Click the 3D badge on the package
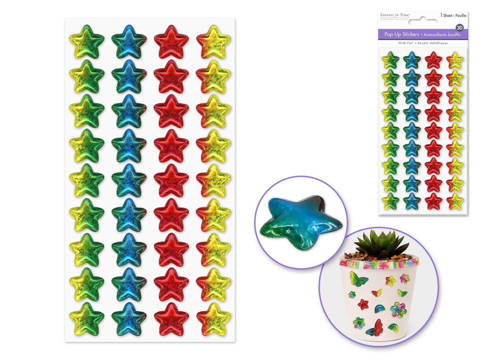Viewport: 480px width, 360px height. [x=459, y=28]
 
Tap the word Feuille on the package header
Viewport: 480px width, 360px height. [x=461, y=16]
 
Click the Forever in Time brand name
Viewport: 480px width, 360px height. [x=395, y=15]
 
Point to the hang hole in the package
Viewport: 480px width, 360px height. [x=423, y=22]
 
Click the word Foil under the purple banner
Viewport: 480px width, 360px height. [x=410, y=43]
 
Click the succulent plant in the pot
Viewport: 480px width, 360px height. [x=382, y=244]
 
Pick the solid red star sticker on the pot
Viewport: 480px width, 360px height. [x=363, y=304]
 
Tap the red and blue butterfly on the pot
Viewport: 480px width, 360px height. [x=375, y=328]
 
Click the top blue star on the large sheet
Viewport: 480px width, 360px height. [x=129, y=42]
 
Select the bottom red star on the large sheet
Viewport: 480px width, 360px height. [x=171, y=319]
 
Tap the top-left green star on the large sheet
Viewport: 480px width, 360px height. [x=87, y=42]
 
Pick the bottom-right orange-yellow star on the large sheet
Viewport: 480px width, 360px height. [x=213, y=319]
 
